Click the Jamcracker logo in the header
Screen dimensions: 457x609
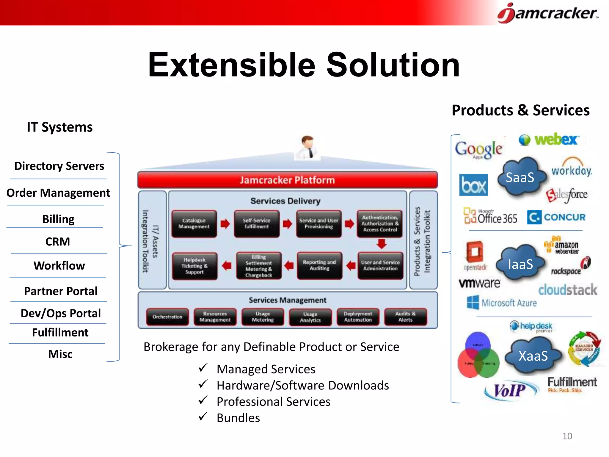tap(548, 13)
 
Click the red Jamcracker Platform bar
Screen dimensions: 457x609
tap(287, 180)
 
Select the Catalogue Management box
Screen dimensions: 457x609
tap(194, 224)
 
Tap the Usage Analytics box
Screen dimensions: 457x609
tap(310, 317)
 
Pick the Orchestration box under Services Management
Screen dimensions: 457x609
tap(167, 317)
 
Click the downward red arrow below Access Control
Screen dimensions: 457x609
tap(382, 244)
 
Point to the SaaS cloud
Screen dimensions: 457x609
tap(520, 177)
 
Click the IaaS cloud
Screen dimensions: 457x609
tap(520, 264)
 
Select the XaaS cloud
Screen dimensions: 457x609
tap(533, 355)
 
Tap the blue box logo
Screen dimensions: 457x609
tap(473, 185)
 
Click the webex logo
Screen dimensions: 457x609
tap(549, 140)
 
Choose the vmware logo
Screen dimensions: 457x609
tap(479, 283)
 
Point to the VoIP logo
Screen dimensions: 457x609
tap(510, 390)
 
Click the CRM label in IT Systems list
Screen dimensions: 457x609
tap(58, 242)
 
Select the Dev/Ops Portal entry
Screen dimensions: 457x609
tap(61, 313)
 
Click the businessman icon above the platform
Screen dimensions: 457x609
tap(307, 147)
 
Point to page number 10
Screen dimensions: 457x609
tap(567, 436)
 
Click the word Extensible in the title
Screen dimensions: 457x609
tap(231, 65)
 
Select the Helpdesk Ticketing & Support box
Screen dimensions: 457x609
tap(194, 266)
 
